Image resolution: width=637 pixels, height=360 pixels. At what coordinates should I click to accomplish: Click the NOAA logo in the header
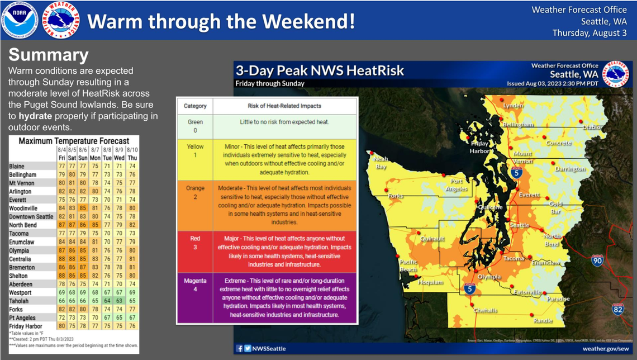[x=20, y=21]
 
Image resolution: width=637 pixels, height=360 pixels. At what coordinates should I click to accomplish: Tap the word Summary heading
[x=49, y=55]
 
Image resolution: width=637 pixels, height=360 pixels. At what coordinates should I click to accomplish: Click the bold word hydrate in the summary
[x=37, y=116]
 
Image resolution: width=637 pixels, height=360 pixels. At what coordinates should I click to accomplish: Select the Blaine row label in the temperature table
[x=17, y=167]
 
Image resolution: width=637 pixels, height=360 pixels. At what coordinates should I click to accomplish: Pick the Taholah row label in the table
[x=20, y=301]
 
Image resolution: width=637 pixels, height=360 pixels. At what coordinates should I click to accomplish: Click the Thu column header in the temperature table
[x=131, y=158]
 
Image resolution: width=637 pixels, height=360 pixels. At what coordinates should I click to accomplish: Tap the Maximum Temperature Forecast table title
[x=74, y=141]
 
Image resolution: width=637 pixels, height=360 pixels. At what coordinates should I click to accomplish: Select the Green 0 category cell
[x=195, y=126]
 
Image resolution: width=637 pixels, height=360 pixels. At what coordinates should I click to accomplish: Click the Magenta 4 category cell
[x=195, y=285]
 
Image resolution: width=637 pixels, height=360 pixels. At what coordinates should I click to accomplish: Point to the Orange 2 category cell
[x=195, y=192]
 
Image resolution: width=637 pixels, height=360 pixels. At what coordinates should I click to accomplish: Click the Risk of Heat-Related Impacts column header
[x=284, y=106]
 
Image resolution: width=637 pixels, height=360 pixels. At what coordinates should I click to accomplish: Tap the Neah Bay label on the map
[x=381, y=163]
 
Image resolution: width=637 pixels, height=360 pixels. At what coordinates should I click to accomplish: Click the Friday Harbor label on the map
[x=479, y=147]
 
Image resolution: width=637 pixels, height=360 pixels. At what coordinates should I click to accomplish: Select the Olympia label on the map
[x=488, y=277]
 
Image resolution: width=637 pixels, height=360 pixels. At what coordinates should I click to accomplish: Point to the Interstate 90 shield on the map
[x=597, y=260]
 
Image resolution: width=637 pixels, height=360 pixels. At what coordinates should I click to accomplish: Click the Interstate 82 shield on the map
[x=617, y=309]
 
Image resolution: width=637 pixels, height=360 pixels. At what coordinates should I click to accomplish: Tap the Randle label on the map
[x=543, y=321]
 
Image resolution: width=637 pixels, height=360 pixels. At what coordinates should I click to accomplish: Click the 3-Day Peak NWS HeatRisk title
[x=320, y=71]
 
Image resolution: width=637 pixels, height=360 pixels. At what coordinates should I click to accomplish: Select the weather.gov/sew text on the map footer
[x=605, y=348]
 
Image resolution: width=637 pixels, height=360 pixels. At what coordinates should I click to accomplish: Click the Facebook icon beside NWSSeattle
[x=239, y=348]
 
